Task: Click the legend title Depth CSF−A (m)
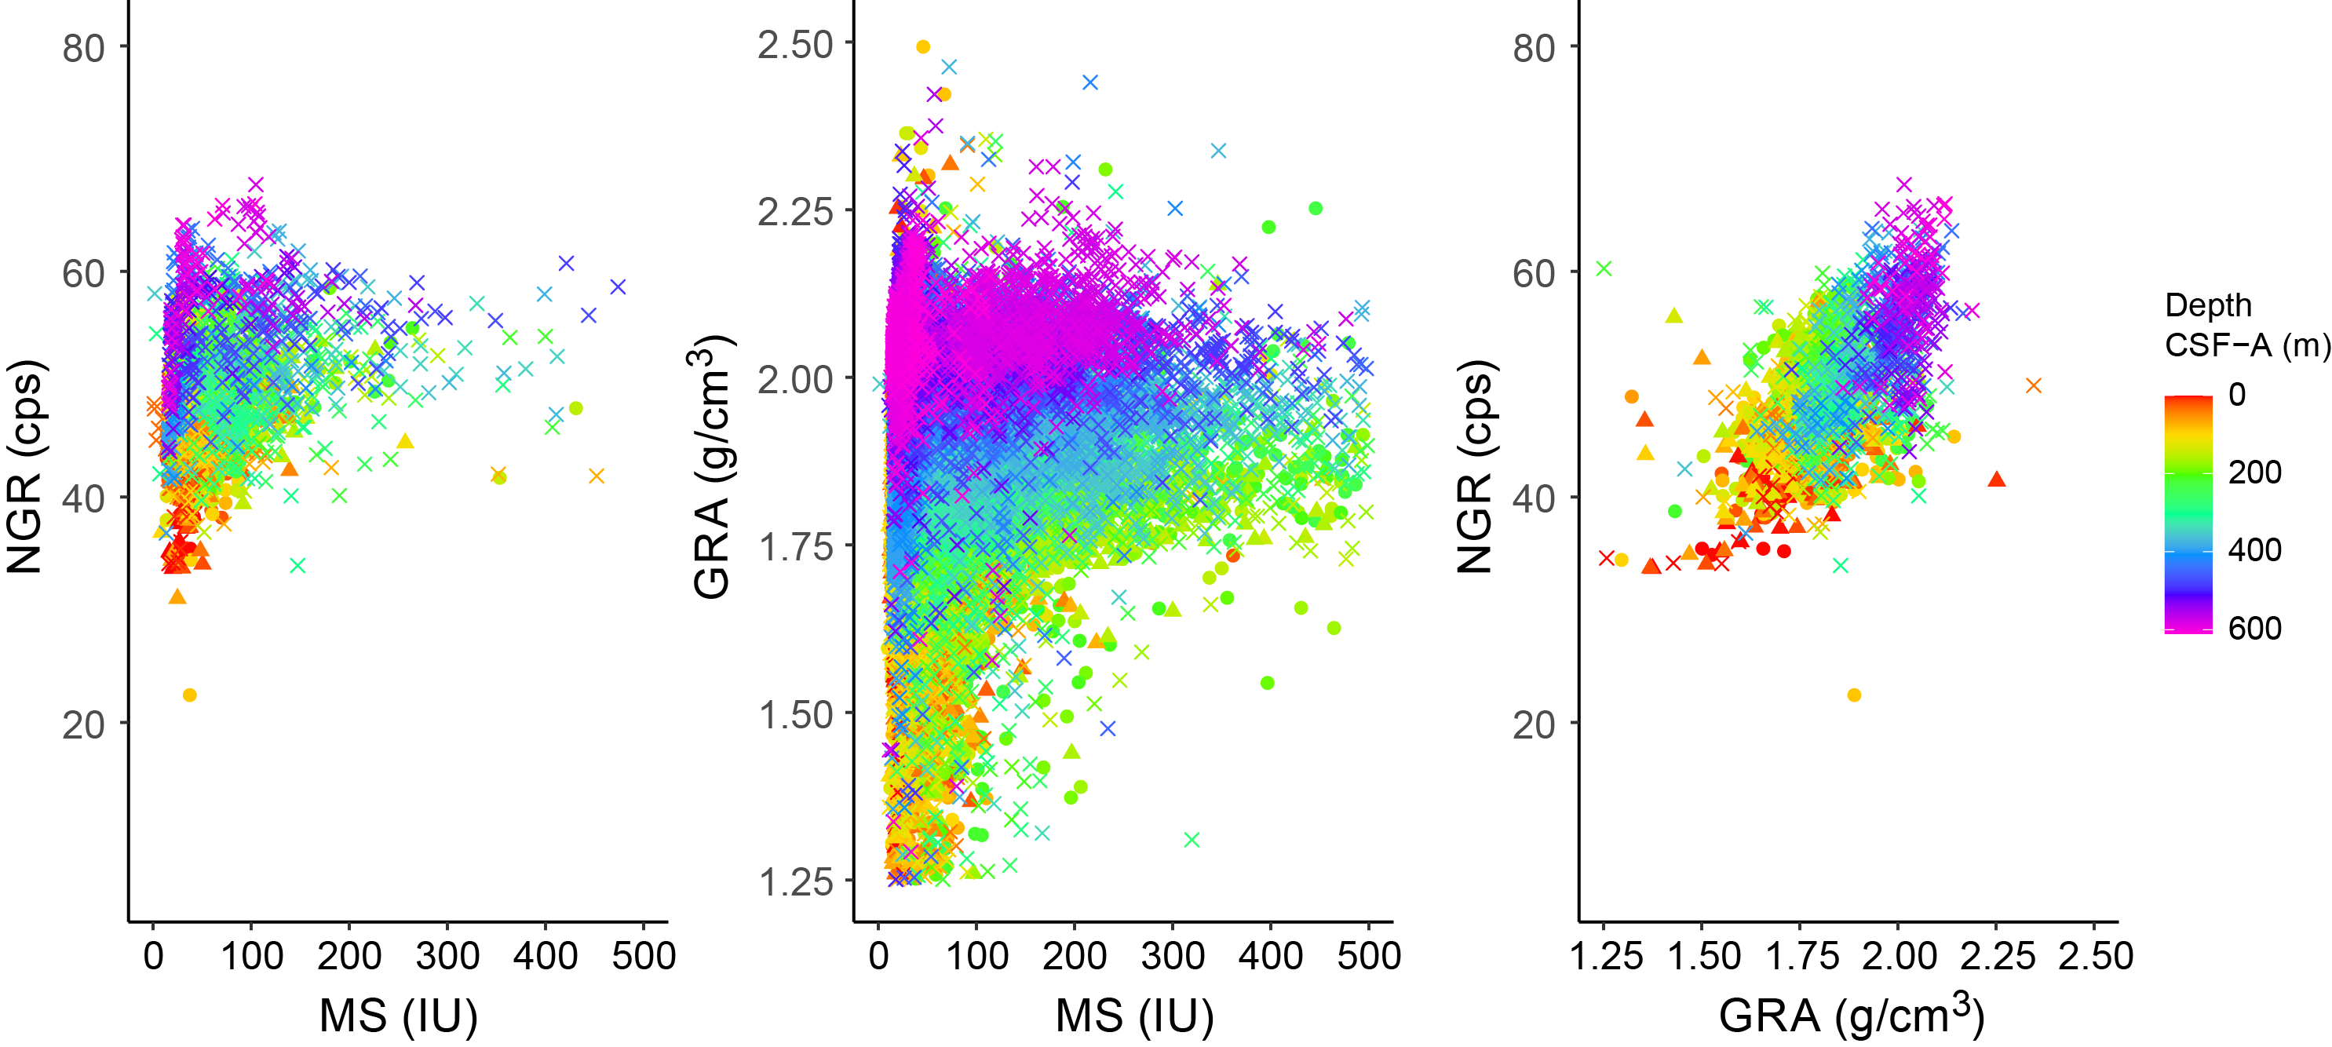click(2246, 325)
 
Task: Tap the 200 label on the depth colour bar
click(2254, 472)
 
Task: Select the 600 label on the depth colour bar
click(2254, 627)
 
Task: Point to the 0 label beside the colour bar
click(2237, 395)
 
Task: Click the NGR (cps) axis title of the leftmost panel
click(25, 466)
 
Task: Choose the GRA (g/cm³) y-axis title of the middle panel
click(713, 466)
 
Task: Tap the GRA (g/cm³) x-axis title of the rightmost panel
click(1852, 1013)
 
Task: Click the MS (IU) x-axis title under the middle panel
click(1134, 1016)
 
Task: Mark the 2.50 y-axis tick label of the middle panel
click(795, 44)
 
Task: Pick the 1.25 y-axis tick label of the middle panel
click(795, 881)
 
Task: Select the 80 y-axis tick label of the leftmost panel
click(83, 48)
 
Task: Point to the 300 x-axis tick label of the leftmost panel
click(447, 956)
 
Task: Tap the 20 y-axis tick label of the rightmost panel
click(1534, 724)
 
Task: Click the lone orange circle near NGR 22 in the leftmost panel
click(189, 695)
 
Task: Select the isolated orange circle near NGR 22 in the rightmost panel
click(1854, 695)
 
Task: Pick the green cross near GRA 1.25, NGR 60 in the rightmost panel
click(1604, 268)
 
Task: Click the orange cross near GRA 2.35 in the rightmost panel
click(2033, 385)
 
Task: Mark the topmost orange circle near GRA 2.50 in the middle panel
click(922, 47)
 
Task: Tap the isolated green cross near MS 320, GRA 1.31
click(1192, 840)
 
